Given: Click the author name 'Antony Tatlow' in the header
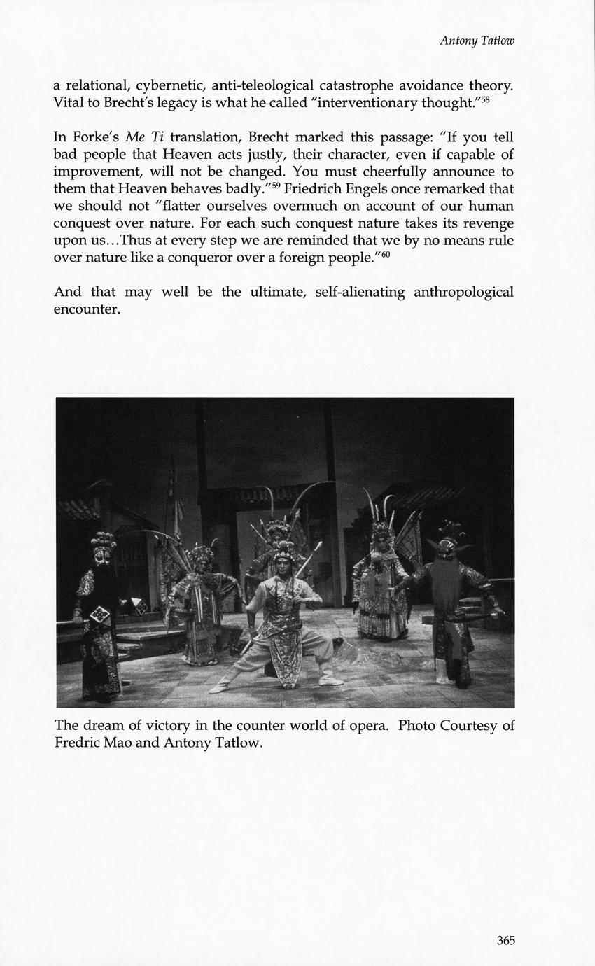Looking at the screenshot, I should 477,41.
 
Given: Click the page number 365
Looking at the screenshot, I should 505,940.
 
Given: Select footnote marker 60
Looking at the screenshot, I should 385,253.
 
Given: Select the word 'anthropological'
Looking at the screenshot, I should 463,292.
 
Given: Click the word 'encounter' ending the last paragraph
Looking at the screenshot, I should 87,309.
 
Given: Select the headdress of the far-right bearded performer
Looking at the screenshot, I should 447,535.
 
